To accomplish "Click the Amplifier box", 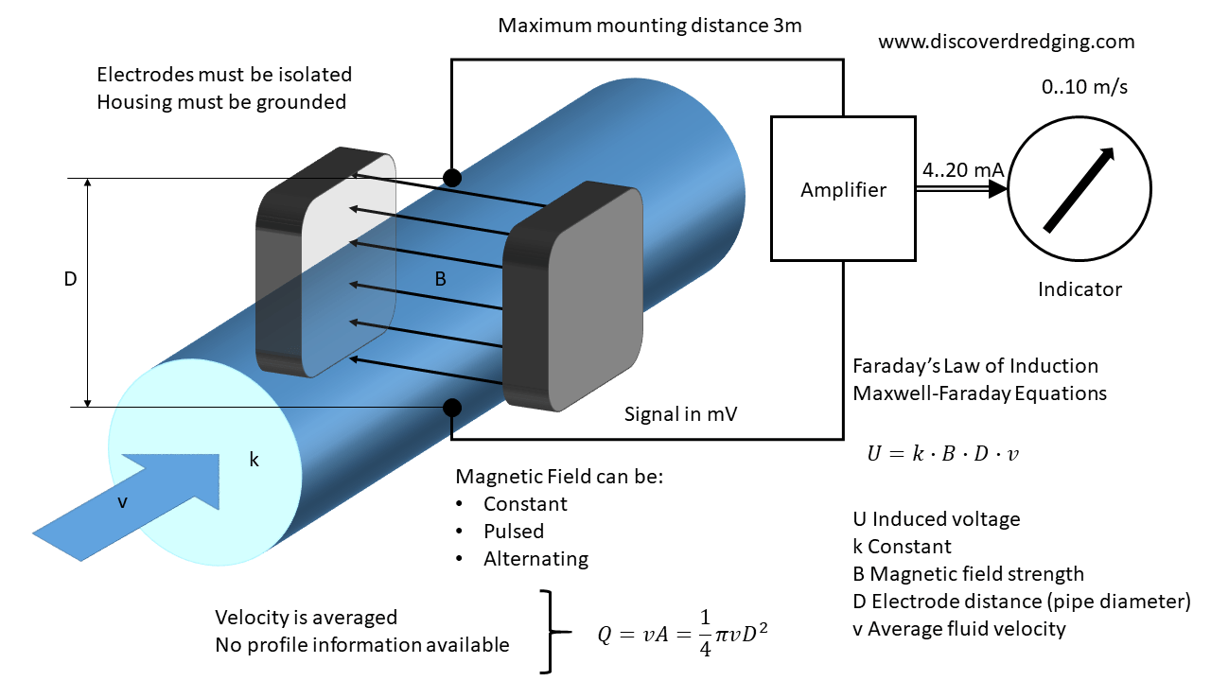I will (843, 189).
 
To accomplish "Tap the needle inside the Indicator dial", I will (1079, 189).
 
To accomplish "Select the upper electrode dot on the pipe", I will (452, 177).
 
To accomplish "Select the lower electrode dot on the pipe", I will (452, 408).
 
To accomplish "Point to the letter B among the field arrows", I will (440, 280).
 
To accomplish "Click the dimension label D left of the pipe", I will (70, 280).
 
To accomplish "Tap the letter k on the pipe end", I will (254, 461).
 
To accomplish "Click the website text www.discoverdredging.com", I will (1006, 43).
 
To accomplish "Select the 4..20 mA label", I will (962, 169).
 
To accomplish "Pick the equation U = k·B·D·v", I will (942, 454).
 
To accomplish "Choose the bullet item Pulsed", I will (514, 532).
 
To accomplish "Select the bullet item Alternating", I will (535, 559).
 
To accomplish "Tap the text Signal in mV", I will (682, 413).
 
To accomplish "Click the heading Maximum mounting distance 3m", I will (650, 26).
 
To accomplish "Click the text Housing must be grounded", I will (221, 101).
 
